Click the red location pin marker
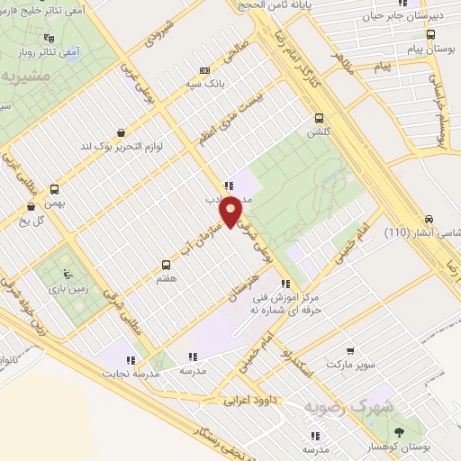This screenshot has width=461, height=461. click(x=231, y=211)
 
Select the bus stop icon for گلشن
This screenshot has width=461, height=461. click(x=318, y=118)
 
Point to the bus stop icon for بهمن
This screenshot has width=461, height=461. click(x=55, y=190)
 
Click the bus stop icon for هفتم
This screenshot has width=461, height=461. click(x=166, y=265)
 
